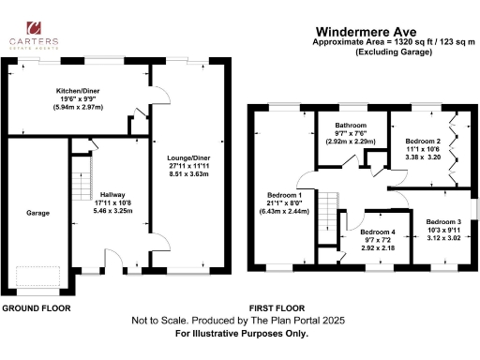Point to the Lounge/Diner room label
coord(187,157)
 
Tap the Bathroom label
coord(352,125)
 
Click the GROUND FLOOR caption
coord(34,307)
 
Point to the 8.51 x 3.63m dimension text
coord(188,173)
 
